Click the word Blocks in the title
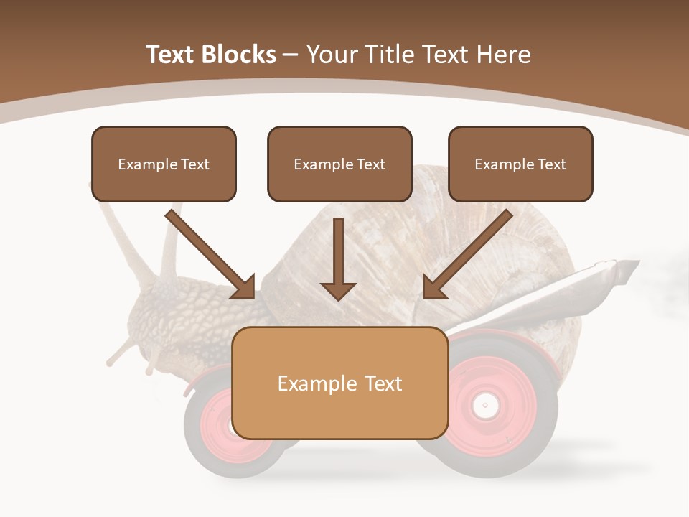coord(240,55)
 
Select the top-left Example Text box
coord(164,164)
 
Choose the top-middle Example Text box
coord(339,164)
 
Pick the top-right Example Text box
coord(520,164)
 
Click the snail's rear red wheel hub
coord(486,406)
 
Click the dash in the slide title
coord(291,55)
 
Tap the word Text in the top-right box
coord(551,164)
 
